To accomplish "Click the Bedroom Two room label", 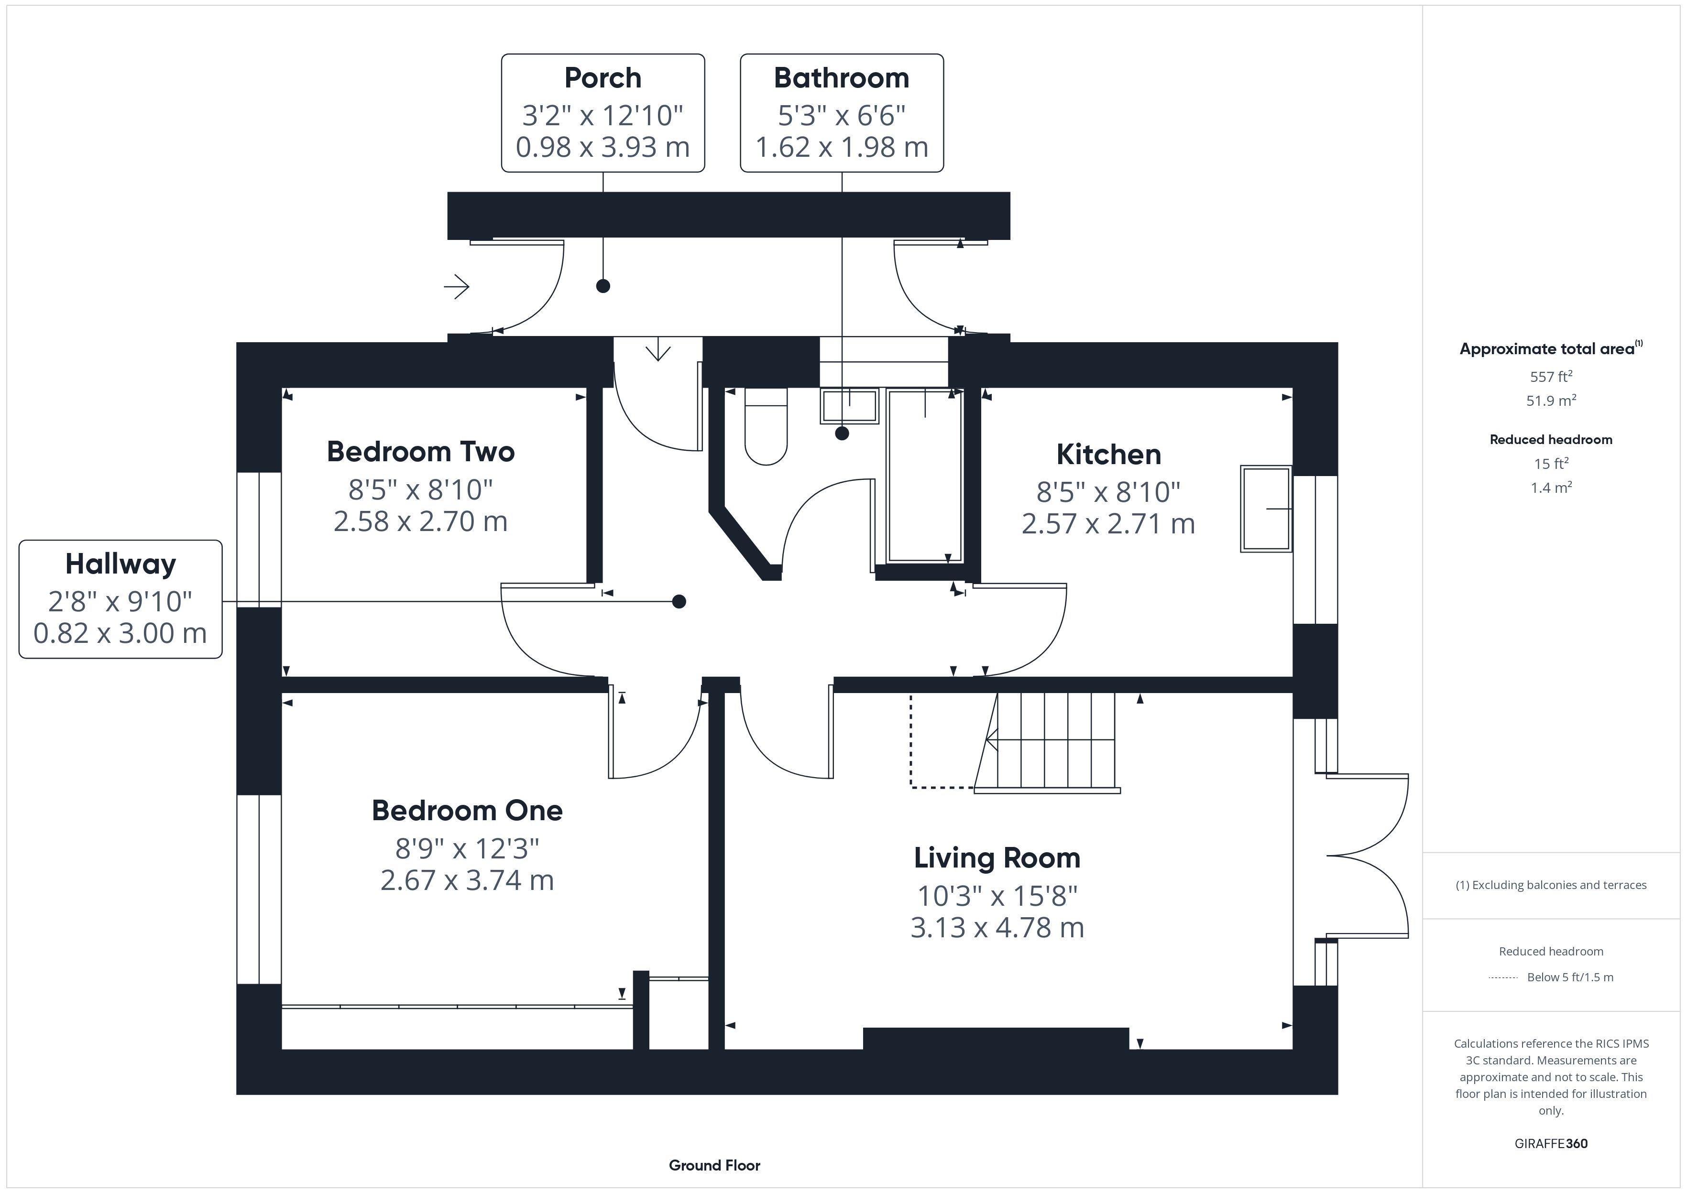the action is tap(420, 452).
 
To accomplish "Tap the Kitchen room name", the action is tap(1109, 455).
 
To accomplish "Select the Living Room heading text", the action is tap(997, 858).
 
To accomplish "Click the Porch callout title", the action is tap(602, 78).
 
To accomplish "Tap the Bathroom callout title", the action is tap(841, 78).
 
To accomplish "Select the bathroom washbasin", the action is tap(849, 406).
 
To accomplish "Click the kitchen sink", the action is tap(1266, 509).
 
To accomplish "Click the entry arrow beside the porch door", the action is tap(456, 286).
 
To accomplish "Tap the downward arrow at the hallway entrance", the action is tap(657, 349).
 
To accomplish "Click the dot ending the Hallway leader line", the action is tap(679, 602).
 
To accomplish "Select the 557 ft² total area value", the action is tap(1551, 377).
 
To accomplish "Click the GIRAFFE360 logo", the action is tap(1551, 1144).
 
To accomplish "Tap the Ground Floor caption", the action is tap(714, 1165).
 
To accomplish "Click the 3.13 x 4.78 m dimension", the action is tap(997, 928).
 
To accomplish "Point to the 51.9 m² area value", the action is tap(1551, 401).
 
